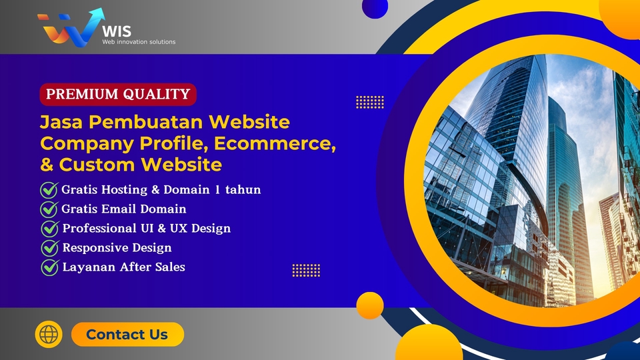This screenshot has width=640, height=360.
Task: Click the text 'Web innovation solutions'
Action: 139,42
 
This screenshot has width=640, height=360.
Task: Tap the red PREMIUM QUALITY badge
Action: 118,95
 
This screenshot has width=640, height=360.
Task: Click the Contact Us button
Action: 127,335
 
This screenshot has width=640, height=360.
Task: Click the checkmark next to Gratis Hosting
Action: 49,190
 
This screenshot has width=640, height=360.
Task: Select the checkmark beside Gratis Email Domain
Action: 49,209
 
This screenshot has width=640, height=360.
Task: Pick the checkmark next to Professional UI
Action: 50,229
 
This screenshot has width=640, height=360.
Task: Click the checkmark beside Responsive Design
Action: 50,248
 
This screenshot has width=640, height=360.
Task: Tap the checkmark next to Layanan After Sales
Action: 50,267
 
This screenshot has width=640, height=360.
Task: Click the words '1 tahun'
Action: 238,190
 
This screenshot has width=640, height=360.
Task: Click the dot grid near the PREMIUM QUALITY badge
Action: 370,102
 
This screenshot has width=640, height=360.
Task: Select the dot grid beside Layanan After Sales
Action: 306,270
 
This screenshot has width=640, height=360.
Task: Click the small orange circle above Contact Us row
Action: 370,305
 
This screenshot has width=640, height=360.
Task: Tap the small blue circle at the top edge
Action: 375,7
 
